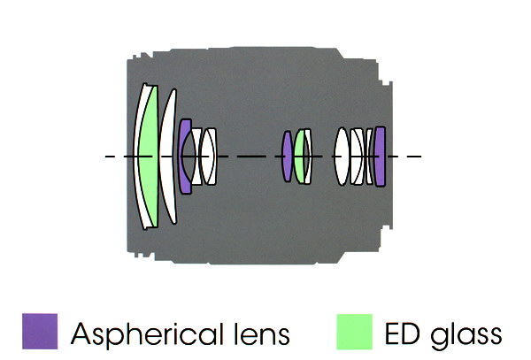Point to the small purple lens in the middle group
tap(287, 157)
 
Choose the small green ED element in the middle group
tap(301, 157)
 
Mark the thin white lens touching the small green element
tap(308, 157)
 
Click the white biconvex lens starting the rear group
tap(342, 157)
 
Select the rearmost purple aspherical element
tap(380, 157)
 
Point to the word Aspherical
tap(151, 334)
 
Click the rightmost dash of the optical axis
tap(415, 157)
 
